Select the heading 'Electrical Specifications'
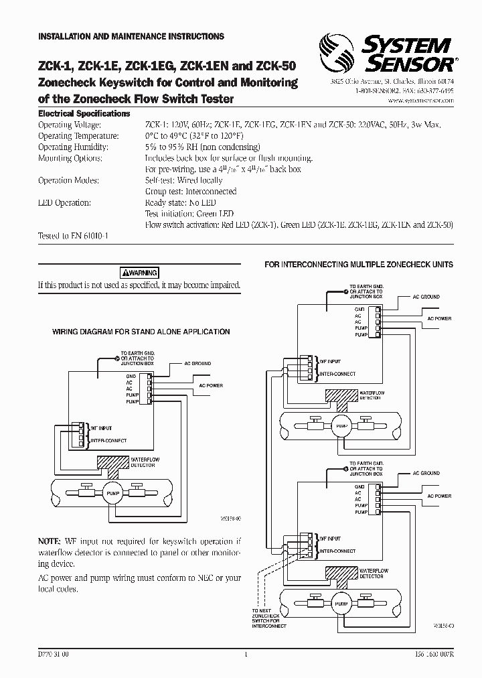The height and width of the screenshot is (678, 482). (84, 114)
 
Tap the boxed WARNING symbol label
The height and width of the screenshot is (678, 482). (139, 273)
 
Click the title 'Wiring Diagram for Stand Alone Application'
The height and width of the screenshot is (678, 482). (141, 332)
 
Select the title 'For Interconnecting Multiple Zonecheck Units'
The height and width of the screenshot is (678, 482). (359, 265)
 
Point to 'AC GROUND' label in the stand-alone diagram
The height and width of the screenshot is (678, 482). (197, 363)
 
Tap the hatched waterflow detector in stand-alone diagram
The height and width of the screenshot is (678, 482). (117, 462)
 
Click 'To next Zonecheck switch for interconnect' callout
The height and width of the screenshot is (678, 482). (269, 618)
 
